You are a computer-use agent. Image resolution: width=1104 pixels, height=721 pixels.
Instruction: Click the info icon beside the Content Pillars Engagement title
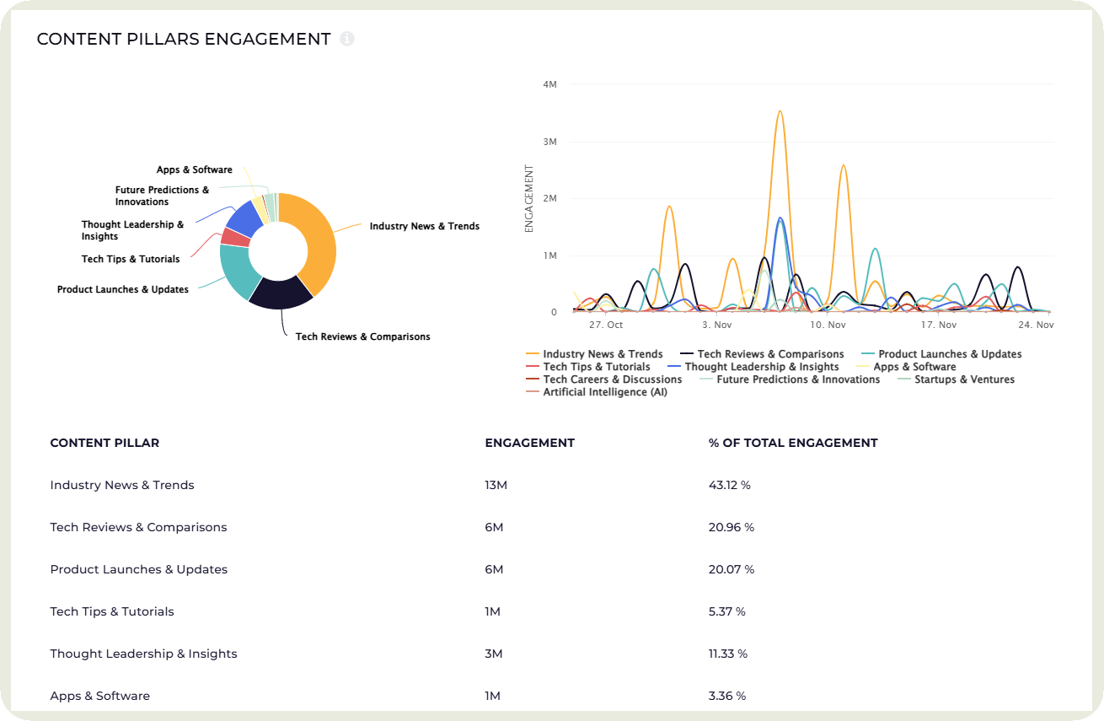coord(347,39)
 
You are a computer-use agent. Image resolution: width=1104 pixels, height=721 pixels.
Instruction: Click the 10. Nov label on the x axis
coord(828,325)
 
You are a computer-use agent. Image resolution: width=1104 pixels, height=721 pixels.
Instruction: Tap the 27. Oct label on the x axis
coord(605,325)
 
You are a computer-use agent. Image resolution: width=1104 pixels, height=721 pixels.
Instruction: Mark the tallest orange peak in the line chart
coord(780,112)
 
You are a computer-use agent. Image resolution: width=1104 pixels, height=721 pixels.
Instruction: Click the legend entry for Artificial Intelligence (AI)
coord(604,392)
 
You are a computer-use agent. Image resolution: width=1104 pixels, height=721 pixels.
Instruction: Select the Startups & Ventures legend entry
coord(964,379)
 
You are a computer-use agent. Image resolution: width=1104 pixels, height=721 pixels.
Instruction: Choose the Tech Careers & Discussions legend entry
coord(612,379)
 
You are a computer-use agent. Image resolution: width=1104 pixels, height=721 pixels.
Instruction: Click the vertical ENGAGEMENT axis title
coord(529,198)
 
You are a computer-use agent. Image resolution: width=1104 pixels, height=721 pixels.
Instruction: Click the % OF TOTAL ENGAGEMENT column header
coord(793,443)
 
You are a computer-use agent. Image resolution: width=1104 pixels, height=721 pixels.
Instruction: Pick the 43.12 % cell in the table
coord(729,485)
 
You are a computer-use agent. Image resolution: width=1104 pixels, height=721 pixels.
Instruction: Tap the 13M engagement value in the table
coord(496,485)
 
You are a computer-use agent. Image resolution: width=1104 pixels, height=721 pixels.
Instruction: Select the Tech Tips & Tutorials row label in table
coord(112,611)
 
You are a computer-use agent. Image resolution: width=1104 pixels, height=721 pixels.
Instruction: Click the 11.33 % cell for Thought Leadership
coord(728,654)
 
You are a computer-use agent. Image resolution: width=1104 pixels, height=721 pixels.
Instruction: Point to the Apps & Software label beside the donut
coord(194,169)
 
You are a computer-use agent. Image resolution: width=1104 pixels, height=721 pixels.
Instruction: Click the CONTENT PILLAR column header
coord(105,443)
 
